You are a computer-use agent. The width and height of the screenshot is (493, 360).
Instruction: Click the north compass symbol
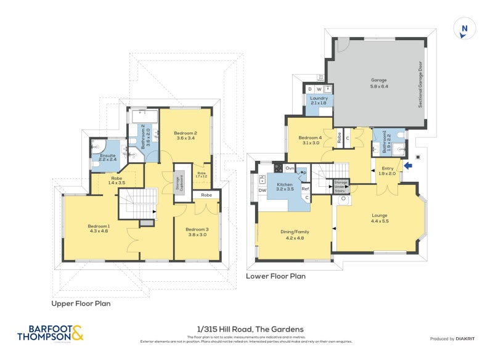[x=465, y=29]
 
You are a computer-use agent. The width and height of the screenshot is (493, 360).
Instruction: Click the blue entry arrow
[x=407, y=164]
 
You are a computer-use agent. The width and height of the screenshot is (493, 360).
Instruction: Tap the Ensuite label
[x=107, y=156]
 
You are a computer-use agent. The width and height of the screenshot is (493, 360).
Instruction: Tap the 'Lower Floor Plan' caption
[x=275, y=276]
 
